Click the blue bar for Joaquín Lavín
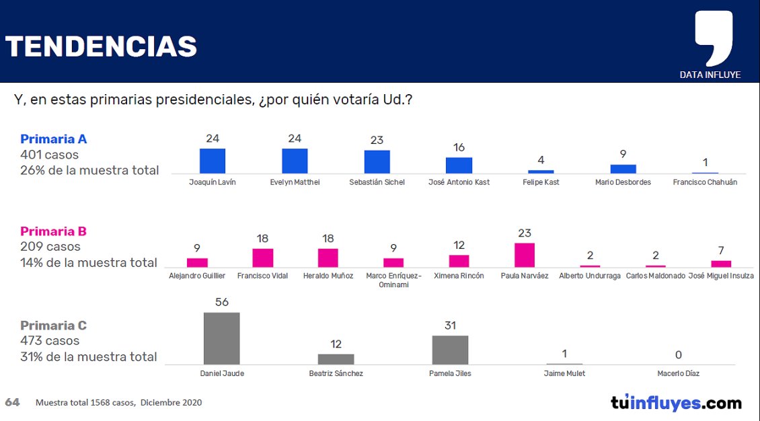coord(213,161)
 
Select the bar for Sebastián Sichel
coord(377,162)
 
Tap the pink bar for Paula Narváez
coord(525,256)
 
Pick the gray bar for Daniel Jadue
coord(222,338)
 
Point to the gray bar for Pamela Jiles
coord(450,350)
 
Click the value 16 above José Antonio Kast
coord(459,147)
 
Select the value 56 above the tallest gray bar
coord(222,303)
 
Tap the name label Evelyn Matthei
coord(295,182)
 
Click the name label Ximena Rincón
coord(459,276)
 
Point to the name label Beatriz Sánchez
coord(336,373)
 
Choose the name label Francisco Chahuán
coord(705,182)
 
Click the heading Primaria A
coord(54,139)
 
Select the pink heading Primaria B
coord(54,231)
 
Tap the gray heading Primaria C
coord(54,326)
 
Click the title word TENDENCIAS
coord(101,46)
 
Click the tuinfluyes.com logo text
coord(676,404)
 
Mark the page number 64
coord(12,402)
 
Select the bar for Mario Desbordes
coord(623,169)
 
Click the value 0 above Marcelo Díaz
coord(679,354)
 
